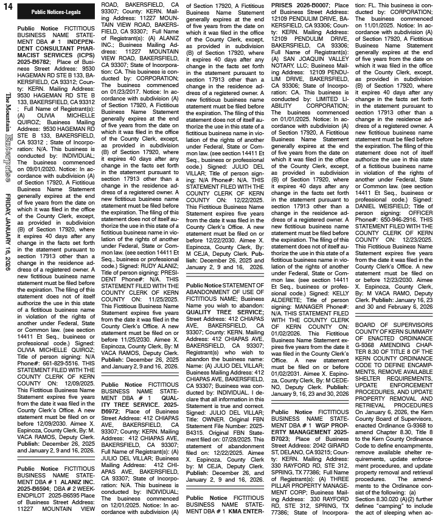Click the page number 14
click(9, 7)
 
